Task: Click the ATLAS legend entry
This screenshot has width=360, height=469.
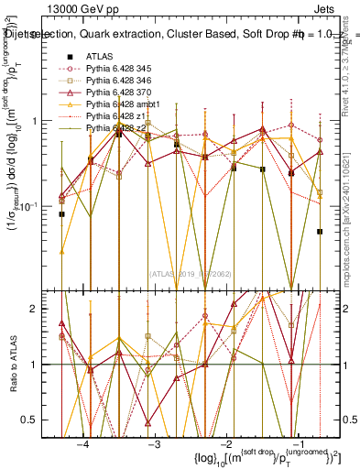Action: (100, 57)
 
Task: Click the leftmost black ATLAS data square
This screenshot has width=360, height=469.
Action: (61, 214)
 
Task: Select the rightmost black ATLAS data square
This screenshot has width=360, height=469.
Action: (320, 232)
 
